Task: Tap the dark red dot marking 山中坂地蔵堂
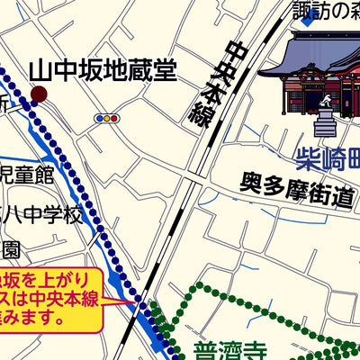click(39, 94)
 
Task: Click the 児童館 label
click(27, 173)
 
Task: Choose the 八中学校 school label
click(40, 215)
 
